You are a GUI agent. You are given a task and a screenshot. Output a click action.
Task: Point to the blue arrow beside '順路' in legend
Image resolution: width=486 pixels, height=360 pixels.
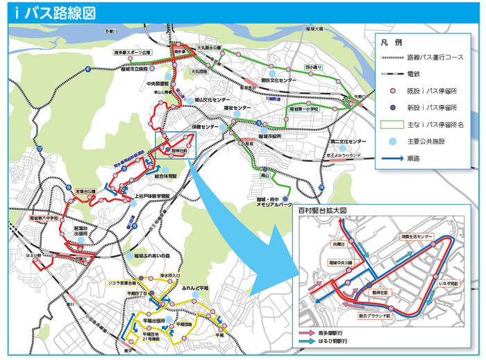[392, 159]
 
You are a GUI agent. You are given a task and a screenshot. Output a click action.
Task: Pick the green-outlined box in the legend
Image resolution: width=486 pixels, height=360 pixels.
[392, 125]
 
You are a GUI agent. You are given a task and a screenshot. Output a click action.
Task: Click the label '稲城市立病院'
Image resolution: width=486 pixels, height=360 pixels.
[132, 69]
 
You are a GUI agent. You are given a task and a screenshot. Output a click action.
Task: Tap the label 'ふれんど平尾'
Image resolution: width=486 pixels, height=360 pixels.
[196, 287]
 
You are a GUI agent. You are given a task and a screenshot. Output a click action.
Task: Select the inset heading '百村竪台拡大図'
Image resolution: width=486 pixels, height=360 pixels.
[321, 208]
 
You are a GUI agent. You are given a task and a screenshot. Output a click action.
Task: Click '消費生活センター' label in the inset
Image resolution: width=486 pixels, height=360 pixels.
[416, 237]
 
